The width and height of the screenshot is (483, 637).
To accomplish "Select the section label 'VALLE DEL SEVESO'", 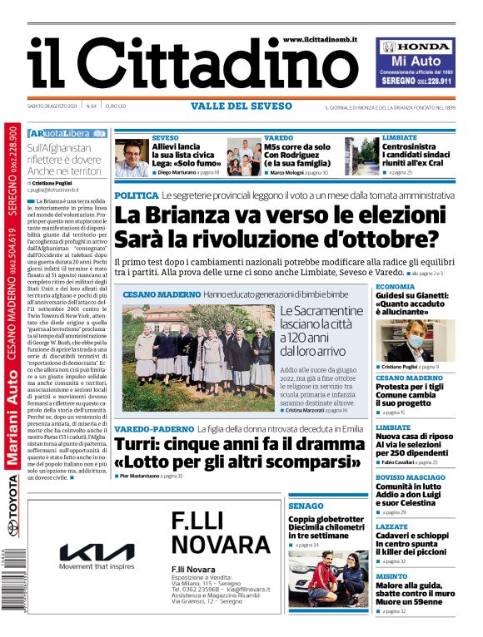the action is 241,106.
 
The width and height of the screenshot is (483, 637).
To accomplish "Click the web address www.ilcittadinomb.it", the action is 320,39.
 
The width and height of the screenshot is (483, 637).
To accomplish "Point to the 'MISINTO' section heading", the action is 391,575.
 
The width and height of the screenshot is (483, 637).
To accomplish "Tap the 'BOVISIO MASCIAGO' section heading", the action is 410,477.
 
